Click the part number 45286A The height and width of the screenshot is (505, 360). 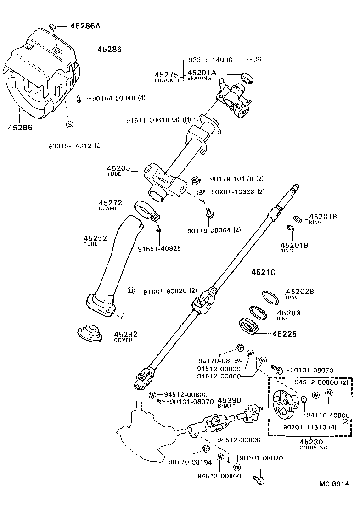(85, 26)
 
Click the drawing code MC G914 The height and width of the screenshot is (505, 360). (334, 483)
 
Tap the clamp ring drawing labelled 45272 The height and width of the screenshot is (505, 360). (146, 208)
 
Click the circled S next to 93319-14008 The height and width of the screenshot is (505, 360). (257, 59)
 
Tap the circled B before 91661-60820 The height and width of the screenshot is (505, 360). (131, 291)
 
